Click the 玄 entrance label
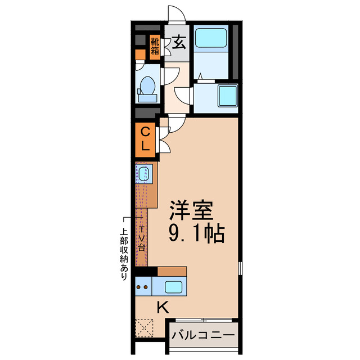tap(178, 43)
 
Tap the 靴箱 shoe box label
tap(155, 47)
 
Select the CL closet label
tap(145, 140)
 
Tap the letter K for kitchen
tap(163, 307)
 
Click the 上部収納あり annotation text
tap(124, 253)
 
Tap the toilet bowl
tap(147, 87)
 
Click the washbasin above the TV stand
tap(144, 173)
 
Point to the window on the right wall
tap(240, 267)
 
